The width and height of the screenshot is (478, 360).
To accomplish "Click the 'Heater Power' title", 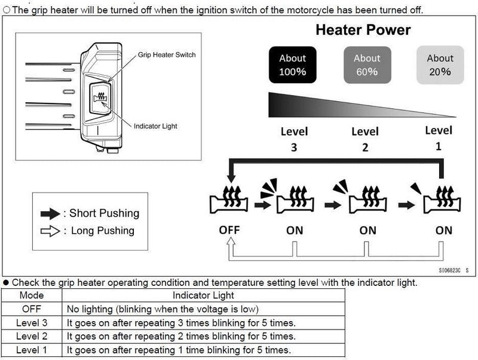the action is pyautogui.click(x=363, y=30).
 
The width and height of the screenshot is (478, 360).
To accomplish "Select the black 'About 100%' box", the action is pyautogui.click(x=292, y=65).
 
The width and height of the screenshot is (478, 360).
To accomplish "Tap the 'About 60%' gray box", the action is pyautogui.click(x=367, y=65).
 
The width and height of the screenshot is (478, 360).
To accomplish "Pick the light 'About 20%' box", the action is pyautogui.click(x=440, y=65).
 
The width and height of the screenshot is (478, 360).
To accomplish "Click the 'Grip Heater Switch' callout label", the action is pyautogui.click(x=167, y=55).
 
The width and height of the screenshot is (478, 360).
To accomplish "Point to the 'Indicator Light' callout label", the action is pyautogui.click(x=155, y=126).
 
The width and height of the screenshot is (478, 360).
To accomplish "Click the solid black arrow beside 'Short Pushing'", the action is pyautogui.click(x=50, y=213).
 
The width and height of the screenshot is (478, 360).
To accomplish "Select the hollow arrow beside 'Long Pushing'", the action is pyautogui.click(x=50, y=231).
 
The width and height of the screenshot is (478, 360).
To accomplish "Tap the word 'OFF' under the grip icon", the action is pyautogui.click(x=229, y=230).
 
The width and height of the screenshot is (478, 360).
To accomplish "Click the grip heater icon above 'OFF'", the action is pyautogui.click(x=229, y=200).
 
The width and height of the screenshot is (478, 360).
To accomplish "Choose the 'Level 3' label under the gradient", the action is pyautogui.click(x=294, y=139).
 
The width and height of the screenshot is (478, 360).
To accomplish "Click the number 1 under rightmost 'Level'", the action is pyautogui.click(x=439, y=147).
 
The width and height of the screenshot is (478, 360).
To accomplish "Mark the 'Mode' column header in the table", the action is pyautogui.click(x=32, y=295).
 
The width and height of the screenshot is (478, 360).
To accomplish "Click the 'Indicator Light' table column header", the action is pyautogui.click(x=203, y=295).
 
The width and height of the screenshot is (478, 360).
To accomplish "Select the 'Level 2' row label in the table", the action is pyautogui.click(x=32, y=336).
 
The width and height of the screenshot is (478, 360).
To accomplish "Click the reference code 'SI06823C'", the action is pyautogui.click(x=450, y=270).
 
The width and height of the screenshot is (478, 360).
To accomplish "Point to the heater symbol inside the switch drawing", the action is pyautogui.click(x=100, y=97).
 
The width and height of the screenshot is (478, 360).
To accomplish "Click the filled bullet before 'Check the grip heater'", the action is pyautogui.click(x=6, y=282).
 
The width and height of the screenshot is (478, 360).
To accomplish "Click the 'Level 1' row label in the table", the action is pyautogui.click(x=32, y=350).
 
